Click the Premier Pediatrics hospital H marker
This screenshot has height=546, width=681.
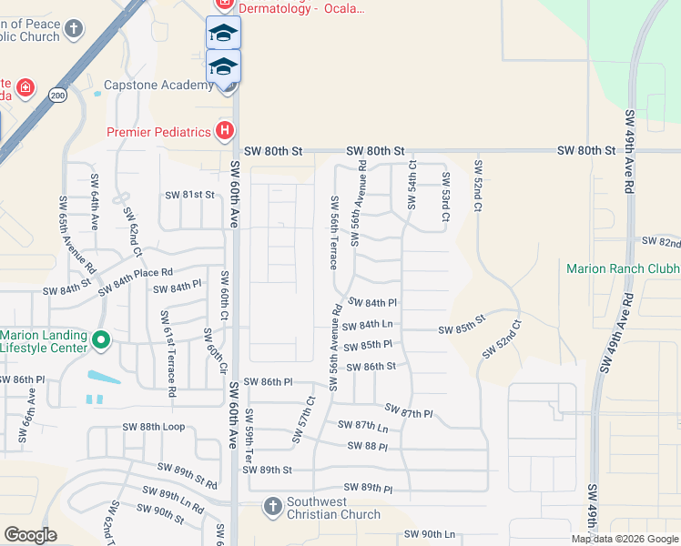click(x=224, y=132)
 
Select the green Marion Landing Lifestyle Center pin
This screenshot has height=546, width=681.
click(x=101, y=341)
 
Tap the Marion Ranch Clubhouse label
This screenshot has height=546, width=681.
click(x=623, y=268)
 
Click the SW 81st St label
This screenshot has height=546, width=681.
click(x=188, y=195)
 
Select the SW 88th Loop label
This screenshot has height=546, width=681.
click(x=154, y=427)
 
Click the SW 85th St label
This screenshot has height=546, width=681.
click(x=462, y=329)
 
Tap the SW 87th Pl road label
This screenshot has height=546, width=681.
click(x=409, y=411)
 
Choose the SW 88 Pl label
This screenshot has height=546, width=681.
click(x=368, y=446)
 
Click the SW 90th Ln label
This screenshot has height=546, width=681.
click(x=429, y=534)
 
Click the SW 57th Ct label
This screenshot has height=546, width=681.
click(x=303, y=419)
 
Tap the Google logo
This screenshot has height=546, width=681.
click(x=31, y=535)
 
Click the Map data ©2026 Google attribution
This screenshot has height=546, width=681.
click(x=625, y=539)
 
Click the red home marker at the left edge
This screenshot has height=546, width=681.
click(x=26, y=88)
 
